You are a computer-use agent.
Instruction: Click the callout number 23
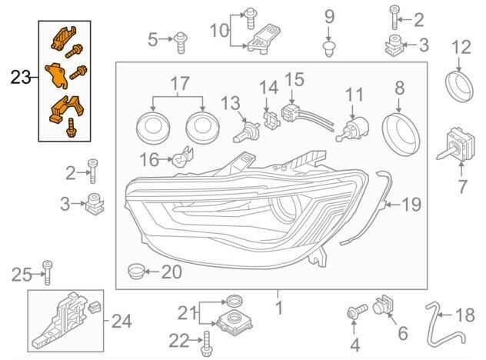click(x=21, y=77)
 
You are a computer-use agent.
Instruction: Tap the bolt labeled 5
click(x=181, y=42)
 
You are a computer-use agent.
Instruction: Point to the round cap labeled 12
click(x=459, y=86)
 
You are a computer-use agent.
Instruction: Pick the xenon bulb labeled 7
click(x=454, y=144)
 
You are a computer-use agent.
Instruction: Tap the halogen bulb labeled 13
click(x=244, y=133)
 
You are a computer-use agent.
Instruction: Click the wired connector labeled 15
click(x=307, y=116)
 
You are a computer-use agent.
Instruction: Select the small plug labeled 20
click(x=136, y=272)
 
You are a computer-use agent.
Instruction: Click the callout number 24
click(x=121, y=322)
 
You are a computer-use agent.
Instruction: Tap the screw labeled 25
click(x=48, y=272)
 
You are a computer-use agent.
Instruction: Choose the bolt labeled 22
click(x=206, y=344)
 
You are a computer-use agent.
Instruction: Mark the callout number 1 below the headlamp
click(x=279, y=308)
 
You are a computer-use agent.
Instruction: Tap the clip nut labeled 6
click(x=383, y=305)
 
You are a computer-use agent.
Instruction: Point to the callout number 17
click(x=180, y=83)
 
